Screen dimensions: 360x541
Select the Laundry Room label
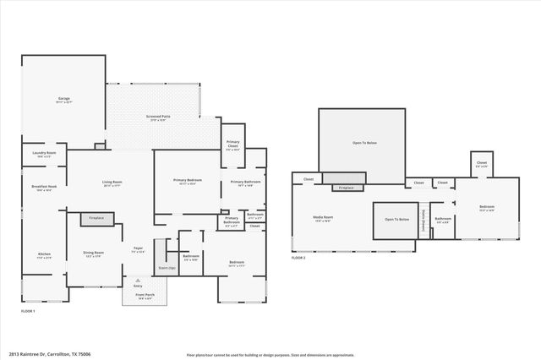pos(45,154)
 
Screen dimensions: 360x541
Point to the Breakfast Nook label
pos(45,188)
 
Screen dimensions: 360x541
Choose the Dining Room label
pos(93,254)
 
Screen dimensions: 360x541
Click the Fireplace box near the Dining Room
pos(96,218)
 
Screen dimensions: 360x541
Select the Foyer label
pos(138,249)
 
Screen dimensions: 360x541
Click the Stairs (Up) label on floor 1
pos(167,268)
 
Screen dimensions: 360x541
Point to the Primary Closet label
pos(233,147)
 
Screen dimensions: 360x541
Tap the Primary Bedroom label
pos(187,181)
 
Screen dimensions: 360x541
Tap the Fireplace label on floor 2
pos(344,188)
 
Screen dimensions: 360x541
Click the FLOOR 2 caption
pos(298,258)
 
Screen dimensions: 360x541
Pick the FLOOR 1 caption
pos(28,311)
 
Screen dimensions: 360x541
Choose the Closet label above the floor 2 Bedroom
pos(482,164)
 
